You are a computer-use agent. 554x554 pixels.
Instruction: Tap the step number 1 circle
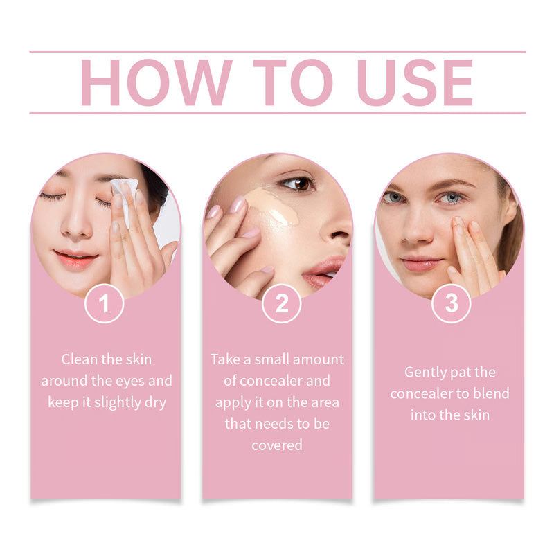click(105, 303)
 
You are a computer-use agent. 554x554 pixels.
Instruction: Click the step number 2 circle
click(281, 303)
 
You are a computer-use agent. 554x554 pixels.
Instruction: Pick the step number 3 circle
click(451, 303)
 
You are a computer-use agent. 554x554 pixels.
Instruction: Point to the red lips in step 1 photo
click(76, 260)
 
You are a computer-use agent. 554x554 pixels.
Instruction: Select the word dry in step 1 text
click(156, 402)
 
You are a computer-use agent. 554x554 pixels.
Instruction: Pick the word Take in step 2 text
click(225, 359)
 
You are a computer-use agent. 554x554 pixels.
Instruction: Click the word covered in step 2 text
click(277, 445)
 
